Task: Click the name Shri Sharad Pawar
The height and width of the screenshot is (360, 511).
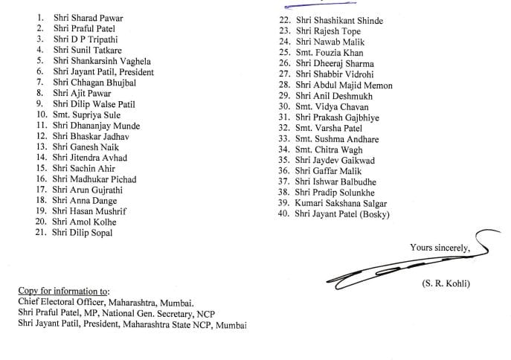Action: pyautogui.click(x=88, y=17)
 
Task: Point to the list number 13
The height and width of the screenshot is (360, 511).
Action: pyautogui.click(x=40, y=147)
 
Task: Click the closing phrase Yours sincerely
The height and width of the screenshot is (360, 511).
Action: pyautogui.click(x=439, y=247)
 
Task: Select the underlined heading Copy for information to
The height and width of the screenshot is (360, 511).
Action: pyautogui.click(x=63, y=290)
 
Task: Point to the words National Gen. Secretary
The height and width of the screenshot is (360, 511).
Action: pyautogui.click(x=154, y=313)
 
